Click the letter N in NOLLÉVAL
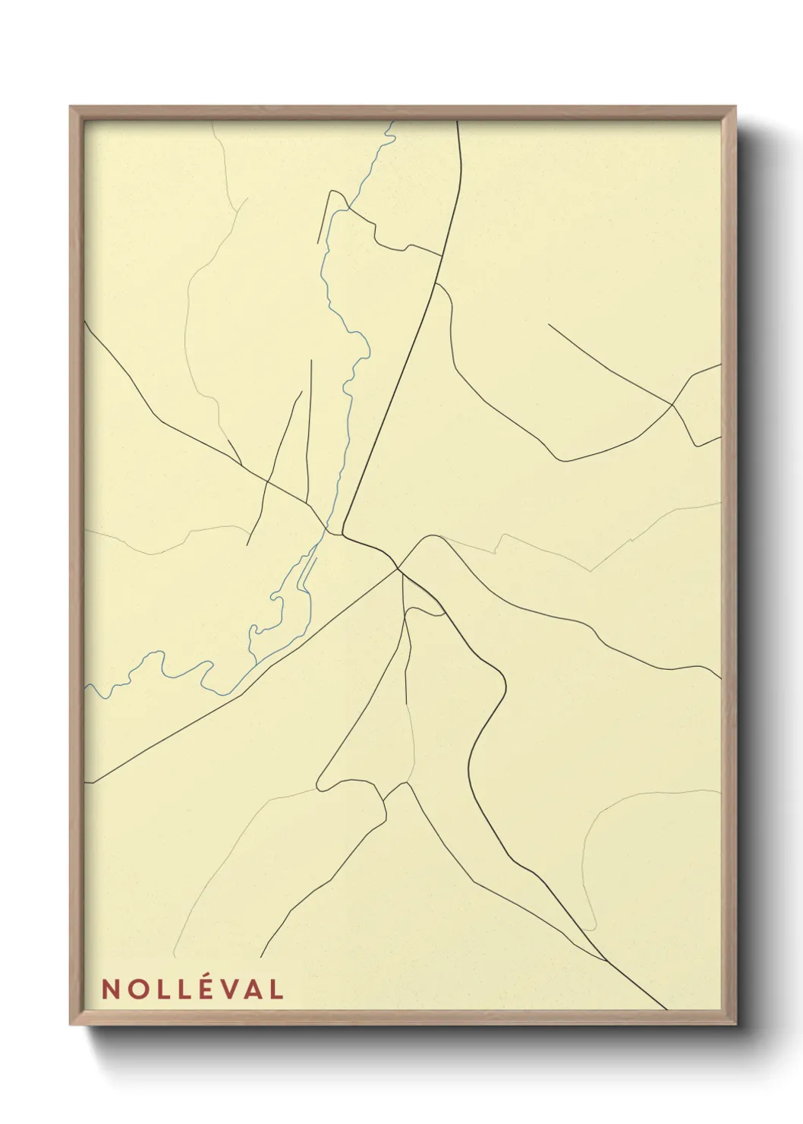pyautogui.click(x=110, y=989)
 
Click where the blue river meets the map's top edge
pyautogui.click(x=392, y=122)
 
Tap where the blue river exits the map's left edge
pyautogui.click(x=86, y=685)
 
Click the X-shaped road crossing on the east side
pyautogui.click(x=673, y=406)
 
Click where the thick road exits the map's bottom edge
pyautogui.click(x=666, y=1009)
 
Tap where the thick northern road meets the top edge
pyautogui.click(x=458, y=122)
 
